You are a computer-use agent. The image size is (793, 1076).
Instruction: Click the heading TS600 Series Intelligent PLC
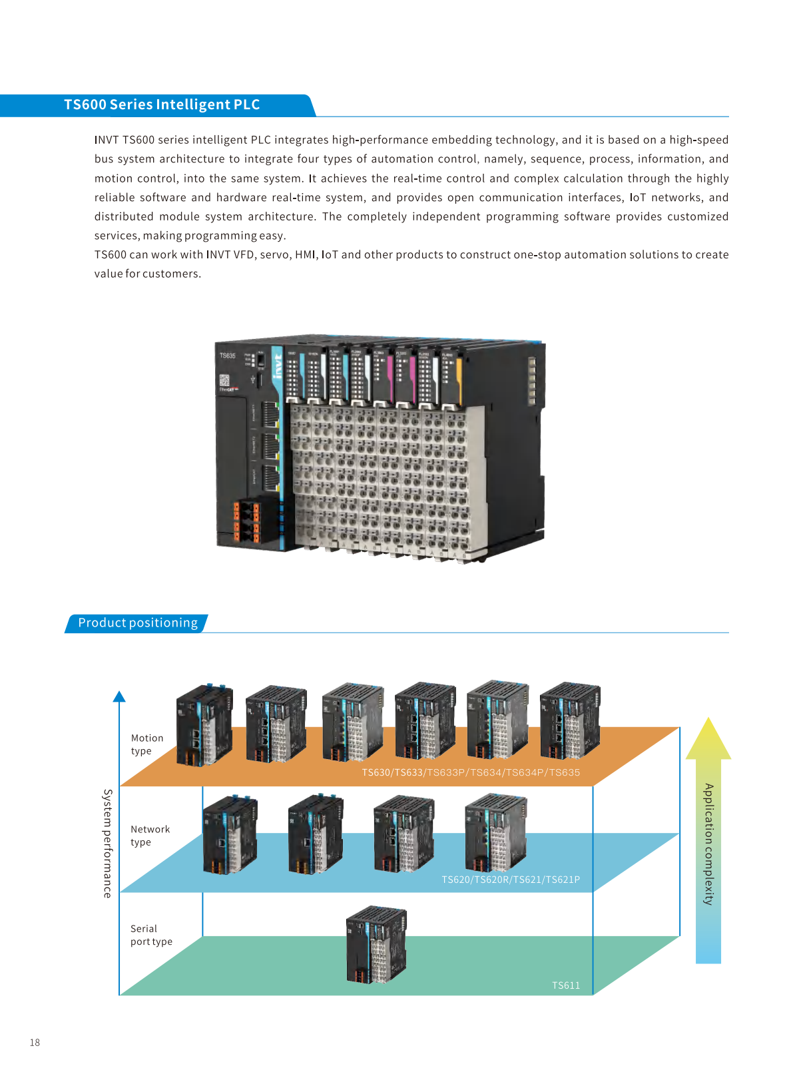pyautogui.click(x=162, y=105)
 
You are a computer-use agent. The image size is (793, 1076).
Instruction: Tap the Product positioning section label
pyautogui.click(x=138, y=623)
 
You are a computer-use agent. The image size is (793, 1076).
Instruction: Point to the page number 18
pyautogui.click(x=35, y=1043)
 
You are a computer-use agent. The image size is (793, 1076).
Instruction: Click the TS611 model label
pyautogui.click(x=566, y=985)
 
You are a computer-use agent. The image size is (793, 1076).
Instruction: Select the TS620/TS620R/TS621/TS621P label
pyautogui.click(x=511, y=880)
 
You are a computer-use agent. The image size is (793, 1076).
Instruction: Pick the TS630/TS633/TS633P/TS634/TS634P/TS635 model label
pyautogui.click(x=471, y=772)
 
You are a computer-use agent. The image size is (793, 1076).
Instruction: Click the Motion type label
pyautogui.click(x=146, y=744)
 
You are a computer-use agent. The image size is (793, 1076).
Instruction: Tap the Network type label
pyautogui.click(x=150, y=836)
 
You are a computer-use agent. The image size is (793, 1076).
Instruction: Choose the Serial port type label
pyautogui.click(x=151, y=935)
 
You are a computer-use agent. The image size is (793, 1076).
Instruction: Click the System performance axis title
pyautogui.click(x=107, y=844)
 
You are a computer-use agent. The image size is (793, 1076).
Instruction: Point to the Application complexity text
pyautogui.click(x=708, y=844)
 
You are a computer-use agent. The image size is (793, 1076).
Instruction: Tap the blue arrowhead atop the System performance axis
pyautogui.click(x=119, y=696)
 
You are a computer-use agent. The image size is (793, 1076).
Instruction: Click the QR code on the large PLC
pyautogui.click(x=224, y=380)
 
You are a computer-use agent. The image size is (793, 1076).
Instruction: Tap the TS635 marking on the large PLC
pyautogui.click(x=228, y=356)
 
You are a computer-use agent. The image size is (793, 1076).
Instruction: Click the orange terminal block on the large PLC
pyautogui.click(x=246, y=521)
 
